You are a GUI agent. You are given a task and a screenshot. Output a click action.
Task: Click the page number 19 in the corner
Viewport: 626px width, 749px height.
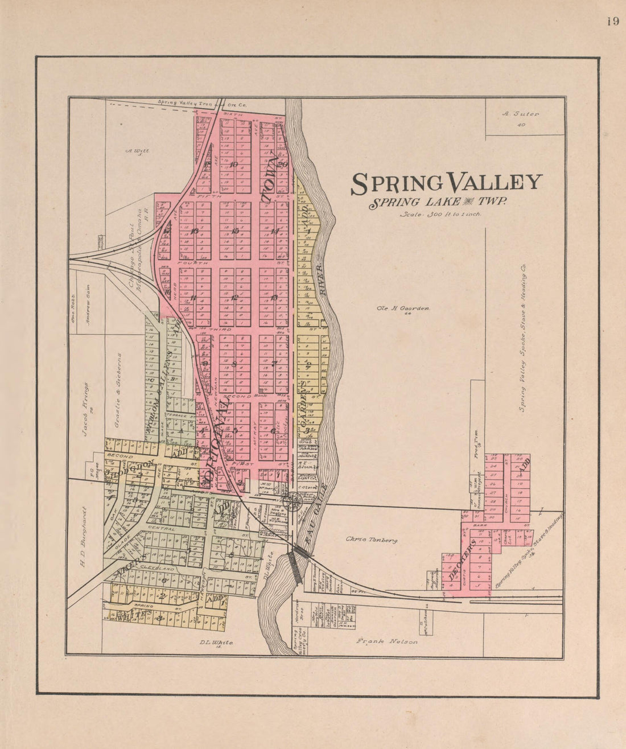coord(612,22)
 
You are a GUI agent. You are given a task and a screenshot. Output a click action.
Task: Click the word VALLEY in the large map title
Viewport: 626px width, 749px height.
coord(495,183)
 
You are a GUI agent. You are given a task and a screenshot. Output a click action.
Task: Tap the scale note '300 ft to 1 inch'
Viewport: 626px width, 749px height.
coord(440,214)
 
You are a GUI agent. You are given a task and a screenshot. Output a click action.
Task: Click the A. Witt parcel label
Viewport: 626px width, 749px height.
coord(137,151)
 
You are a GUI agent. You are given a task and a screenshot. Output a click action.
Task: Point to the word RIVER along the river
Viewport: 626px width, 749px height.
coord(320,278)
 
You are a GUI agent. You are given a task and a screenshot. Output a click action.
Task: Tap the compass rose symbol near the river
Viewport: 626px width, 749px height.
coord(293,501)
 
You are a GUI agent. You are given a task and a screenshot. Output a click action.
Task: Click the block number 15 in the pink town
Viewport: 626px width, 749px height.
coord(235,231)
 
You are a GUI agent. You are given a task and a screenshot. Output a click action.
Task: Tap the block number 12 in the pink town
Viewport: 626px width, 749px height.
coord(235,298)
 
